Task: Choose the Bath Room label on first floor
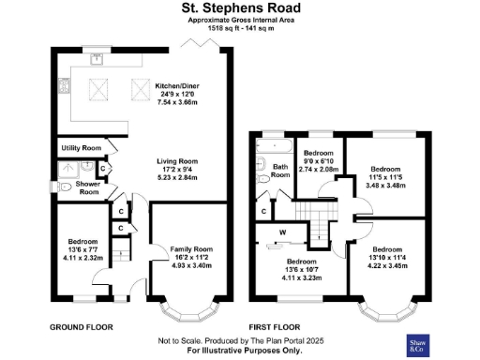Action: coord(279,171)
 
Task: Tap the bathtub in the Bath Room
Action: coord(274,147)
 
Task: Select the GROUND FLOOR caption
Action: coord(82,327)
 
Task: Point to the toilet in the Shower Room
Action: coord(65,187)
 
